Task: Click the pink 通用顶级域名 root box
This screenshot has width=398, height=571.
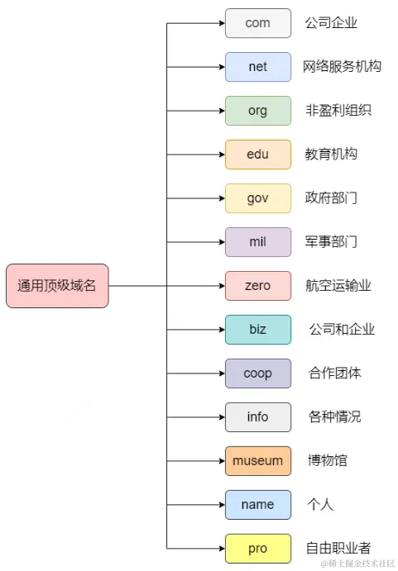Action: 57,286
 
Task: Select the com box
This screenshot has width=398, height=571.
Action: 258,23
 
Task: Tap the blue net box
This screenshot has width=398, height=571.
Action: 258,67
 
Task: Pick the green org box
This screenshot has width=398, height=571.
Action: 258,111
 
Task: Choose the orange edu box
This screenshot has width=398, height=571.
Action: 258,155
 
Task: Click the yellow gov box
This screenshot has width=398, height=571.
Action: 258,198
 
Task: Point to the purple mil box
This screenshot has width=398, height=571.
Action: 258,242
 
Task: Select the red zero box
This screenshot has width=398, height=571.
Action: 258,286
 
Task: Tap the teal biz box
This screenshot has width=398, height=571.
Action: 258,330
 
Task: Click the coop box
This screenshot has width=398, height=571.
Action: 258,374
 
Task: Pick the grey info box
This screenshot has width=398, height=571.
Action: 258,417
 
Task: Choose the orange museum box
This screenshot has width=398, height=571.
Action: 258,461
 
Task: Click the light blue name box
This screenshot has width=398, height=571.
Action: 258,505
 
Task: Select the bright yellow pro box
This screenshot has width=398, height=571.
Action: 258,549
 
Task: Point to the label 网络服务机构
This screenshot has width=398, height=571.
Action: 342,67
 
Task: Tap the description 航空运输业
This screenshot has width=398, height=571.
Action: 338,286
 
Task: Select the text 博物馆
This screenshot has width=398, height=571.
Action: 327,461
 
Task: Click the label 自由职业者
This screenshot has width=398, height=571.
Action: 338,549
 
